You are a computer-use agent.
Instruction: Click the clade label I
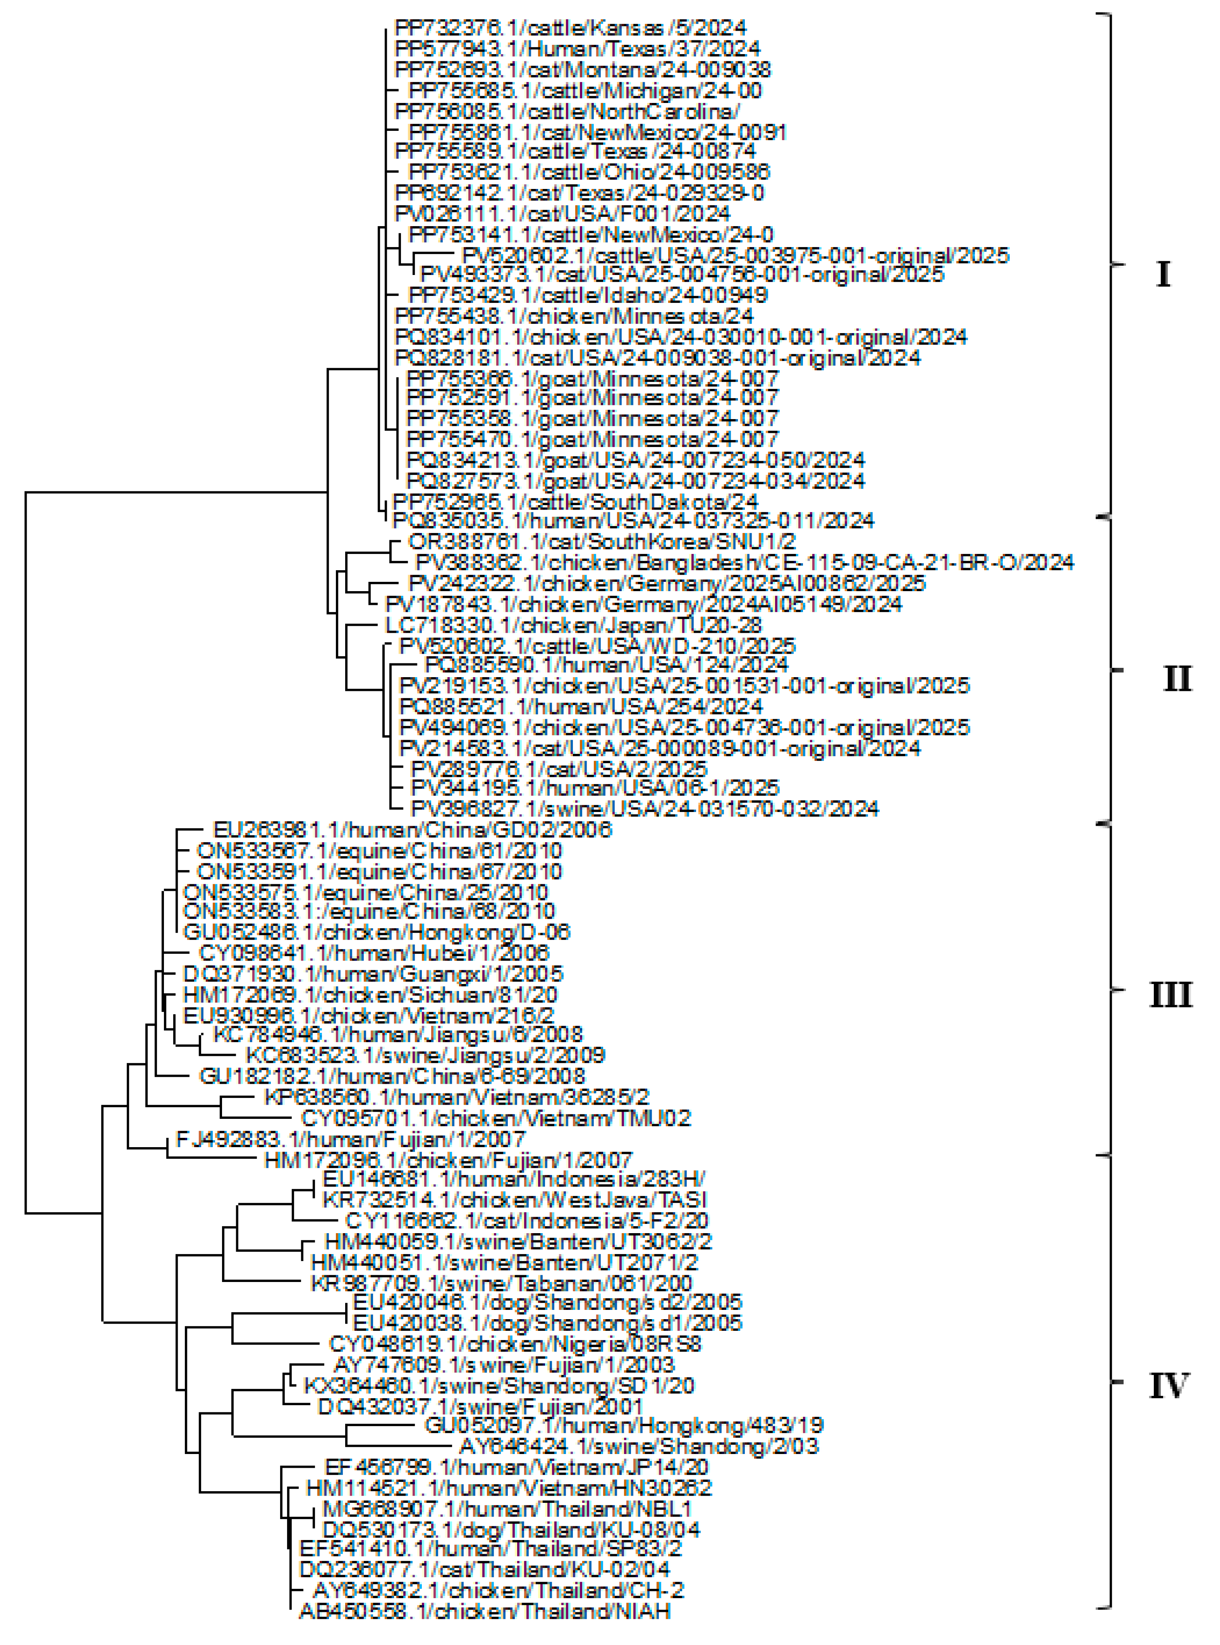pos(1163,275)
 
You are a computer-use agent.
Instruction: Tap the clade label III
pos(1170,996)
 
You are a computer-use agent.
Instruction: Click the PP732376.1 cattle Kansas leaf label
pos(570,28)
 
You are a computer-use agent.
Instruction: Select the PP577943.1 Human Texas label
pos(578,49)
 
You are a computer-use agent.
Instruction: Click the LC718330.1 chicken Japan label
pos(573,625)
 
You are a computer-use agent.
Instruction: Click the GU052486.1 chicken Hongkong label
pos(377,932)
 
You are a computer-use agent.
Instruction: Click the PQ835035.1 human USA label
pos(633,521)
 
